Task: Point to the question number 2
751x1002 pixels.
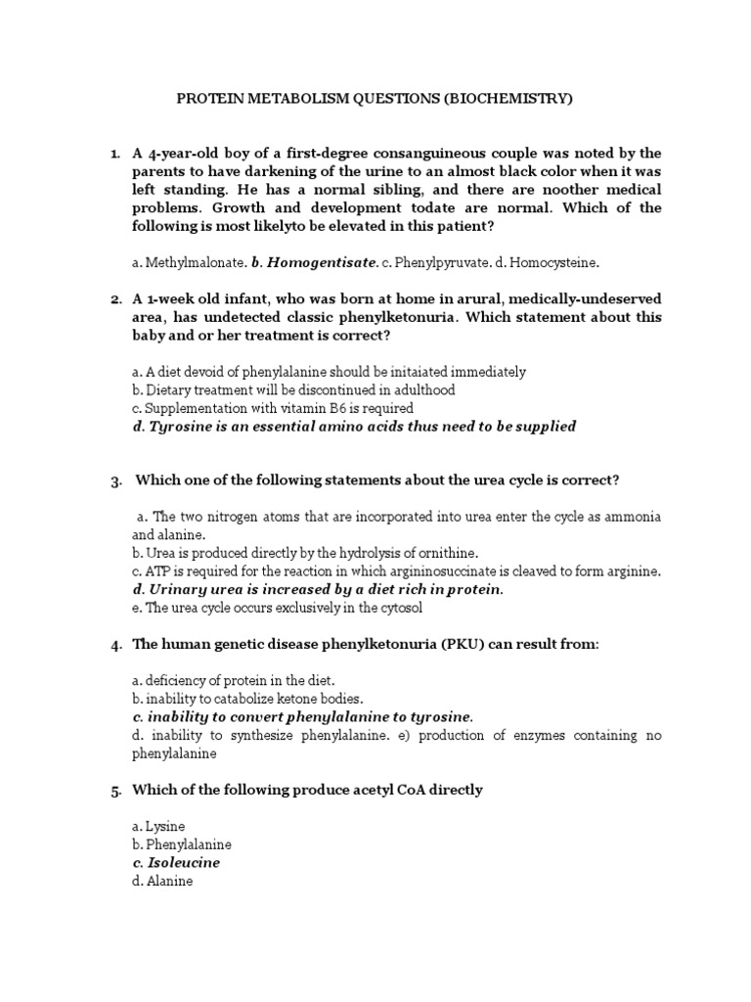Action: [114, 299]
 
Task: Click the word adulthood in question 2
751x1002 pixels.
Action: [423, 389]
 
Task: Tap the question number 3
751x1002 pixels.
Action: [114, 480]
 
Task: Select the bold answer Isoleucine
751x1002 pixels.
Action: [184, 863]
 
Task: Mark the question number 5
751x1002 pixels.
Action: [114, 790]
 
